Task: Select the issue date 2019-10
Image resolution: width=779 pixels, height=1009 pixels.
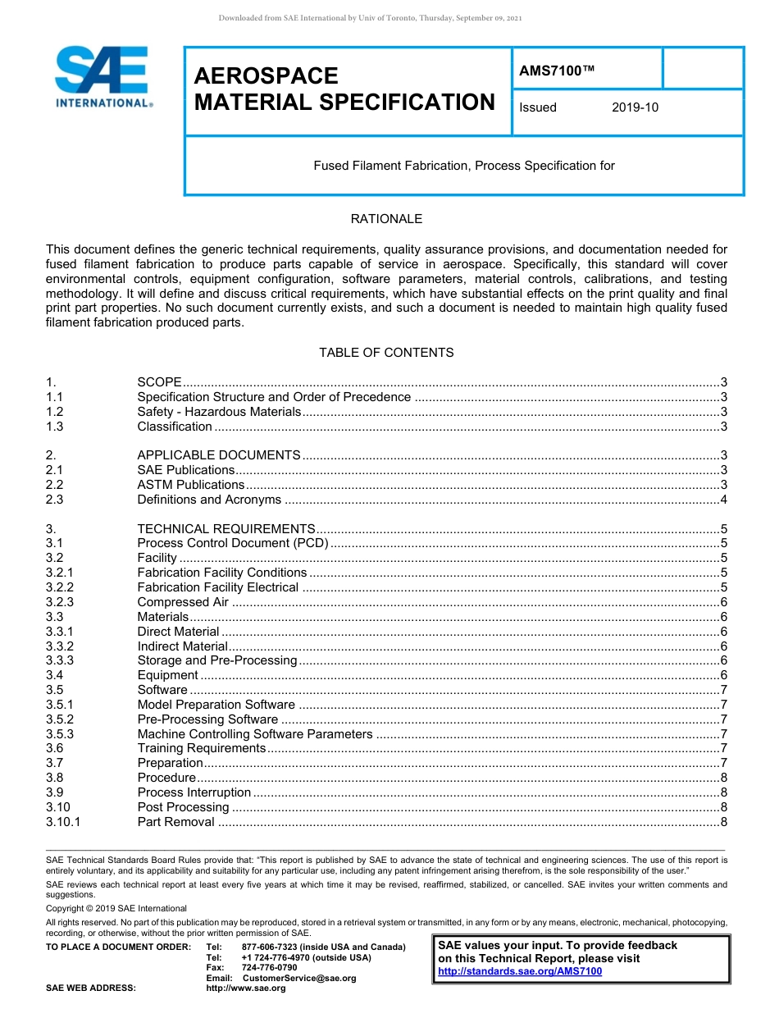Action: point(635,107)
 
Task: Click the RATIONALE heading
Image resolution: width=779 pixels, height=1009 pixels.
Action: point(386,219)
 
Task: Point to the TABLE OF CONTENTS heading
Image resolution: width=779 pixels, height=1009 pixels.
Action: point(386,353)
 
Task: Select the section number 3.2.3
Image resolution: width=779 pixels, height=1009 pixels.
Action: point(60,602)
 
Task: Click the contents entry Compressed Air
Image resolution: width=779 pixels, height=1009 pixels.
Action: point(183,602)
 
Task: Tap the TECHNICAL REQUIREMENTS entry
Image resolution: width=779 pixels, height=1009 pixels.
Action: point(225,529)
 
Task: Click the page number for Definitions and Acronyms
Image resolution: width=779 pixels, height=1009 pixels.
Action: point(723,500)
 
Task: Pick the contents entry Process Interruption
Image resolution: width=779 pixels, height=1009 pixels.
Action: point(194,792)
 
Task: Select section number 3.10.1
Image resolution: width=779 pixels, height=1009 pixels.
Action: point(63,822)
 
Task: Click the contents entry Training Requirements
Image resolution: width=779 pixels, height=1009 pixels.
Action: point(202,748)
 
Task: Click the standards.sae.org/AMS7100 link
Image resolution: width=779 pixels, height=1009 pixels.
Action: point(520,971)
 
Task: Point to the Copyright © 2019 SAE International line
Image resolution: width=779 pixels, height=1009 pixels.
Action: point(116,908)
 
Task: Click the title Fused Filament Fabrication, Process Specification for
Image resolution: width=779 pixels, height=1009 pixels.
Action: point(464,166)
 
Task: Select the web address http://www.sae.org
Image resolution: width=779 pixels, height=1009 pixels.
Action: point(246,988)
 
